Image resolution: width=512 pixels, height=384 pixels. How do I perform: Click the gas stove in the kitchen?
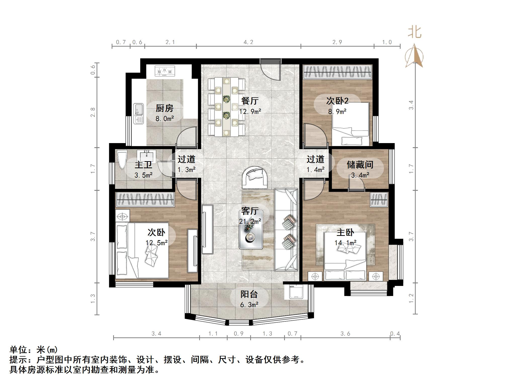165,71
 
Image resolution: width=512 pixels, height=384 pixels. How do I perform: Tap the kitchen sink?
138,113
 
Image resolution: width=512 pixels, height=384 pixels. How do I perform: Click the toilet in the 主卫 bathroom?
122,159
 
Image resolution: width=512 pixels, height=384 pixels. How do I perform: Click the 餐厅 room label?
250,101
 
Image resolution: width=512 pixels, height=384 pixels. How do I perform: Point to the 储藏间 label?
360,165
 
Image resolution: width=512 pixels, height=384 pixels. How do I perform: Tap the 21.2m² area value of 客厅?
250,222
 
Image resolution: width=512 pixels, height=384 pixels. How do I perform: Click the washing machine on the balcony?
296,292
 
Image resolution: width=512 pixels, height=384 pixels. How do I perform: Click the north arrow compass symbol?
414,56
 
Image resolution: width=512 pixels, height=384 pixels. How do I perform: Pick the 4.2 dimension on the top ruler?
248,42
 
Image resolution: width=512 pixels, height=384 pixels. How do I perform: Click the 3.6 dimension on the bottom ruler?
345,334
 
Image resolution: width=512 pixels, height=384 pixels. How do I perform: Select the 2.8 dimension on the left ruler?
93,112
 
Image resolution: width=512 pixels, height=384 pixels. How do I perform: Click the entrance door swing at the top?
271,70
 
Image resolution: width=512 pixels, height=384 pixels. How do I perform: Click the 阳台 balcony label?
249,294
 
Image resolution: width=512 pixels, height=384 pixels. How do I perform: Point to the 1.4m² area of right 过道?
315,170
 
